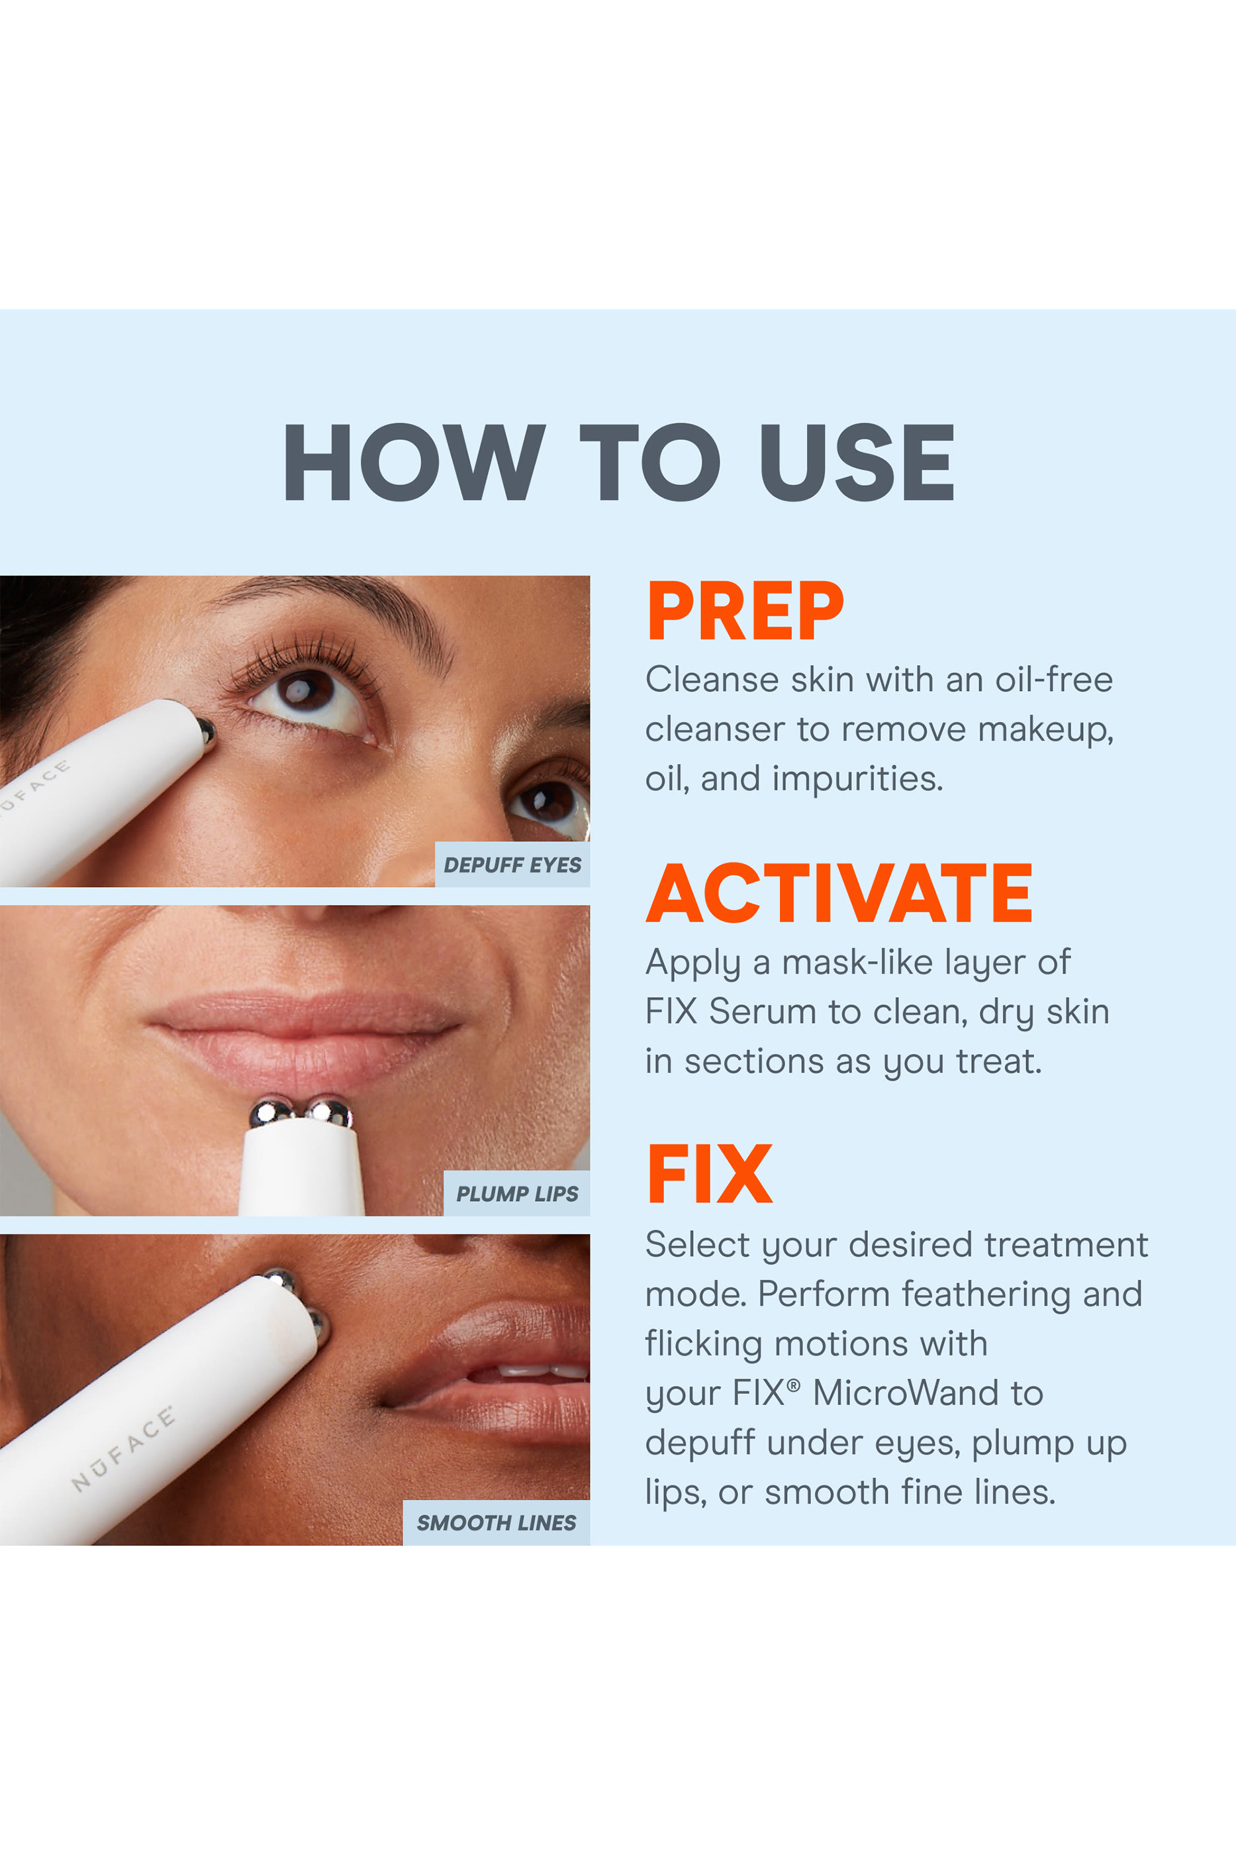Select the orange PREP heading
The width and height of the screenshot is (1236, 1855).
[745, 611]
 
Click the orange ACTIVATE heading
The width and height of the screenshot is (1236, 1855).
[839, 894]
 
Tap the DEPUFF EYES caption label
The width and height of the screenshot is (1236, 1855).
[512, 865]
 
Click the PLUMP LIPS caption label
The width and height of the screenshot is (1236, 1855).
[517, 1194]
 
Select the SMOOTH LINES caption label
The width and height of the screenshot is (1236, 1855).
[497, 1523]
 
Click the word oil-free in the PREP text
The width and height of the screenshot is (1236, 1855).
[1053, 680]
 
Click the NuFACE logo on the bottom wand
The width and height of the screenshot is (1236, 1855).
[123, 1449]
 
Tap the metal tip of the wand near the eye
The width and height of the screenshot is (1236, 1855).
[206, 731]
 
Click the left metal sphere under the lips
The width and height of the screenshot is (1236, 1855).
[272, 1114]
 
